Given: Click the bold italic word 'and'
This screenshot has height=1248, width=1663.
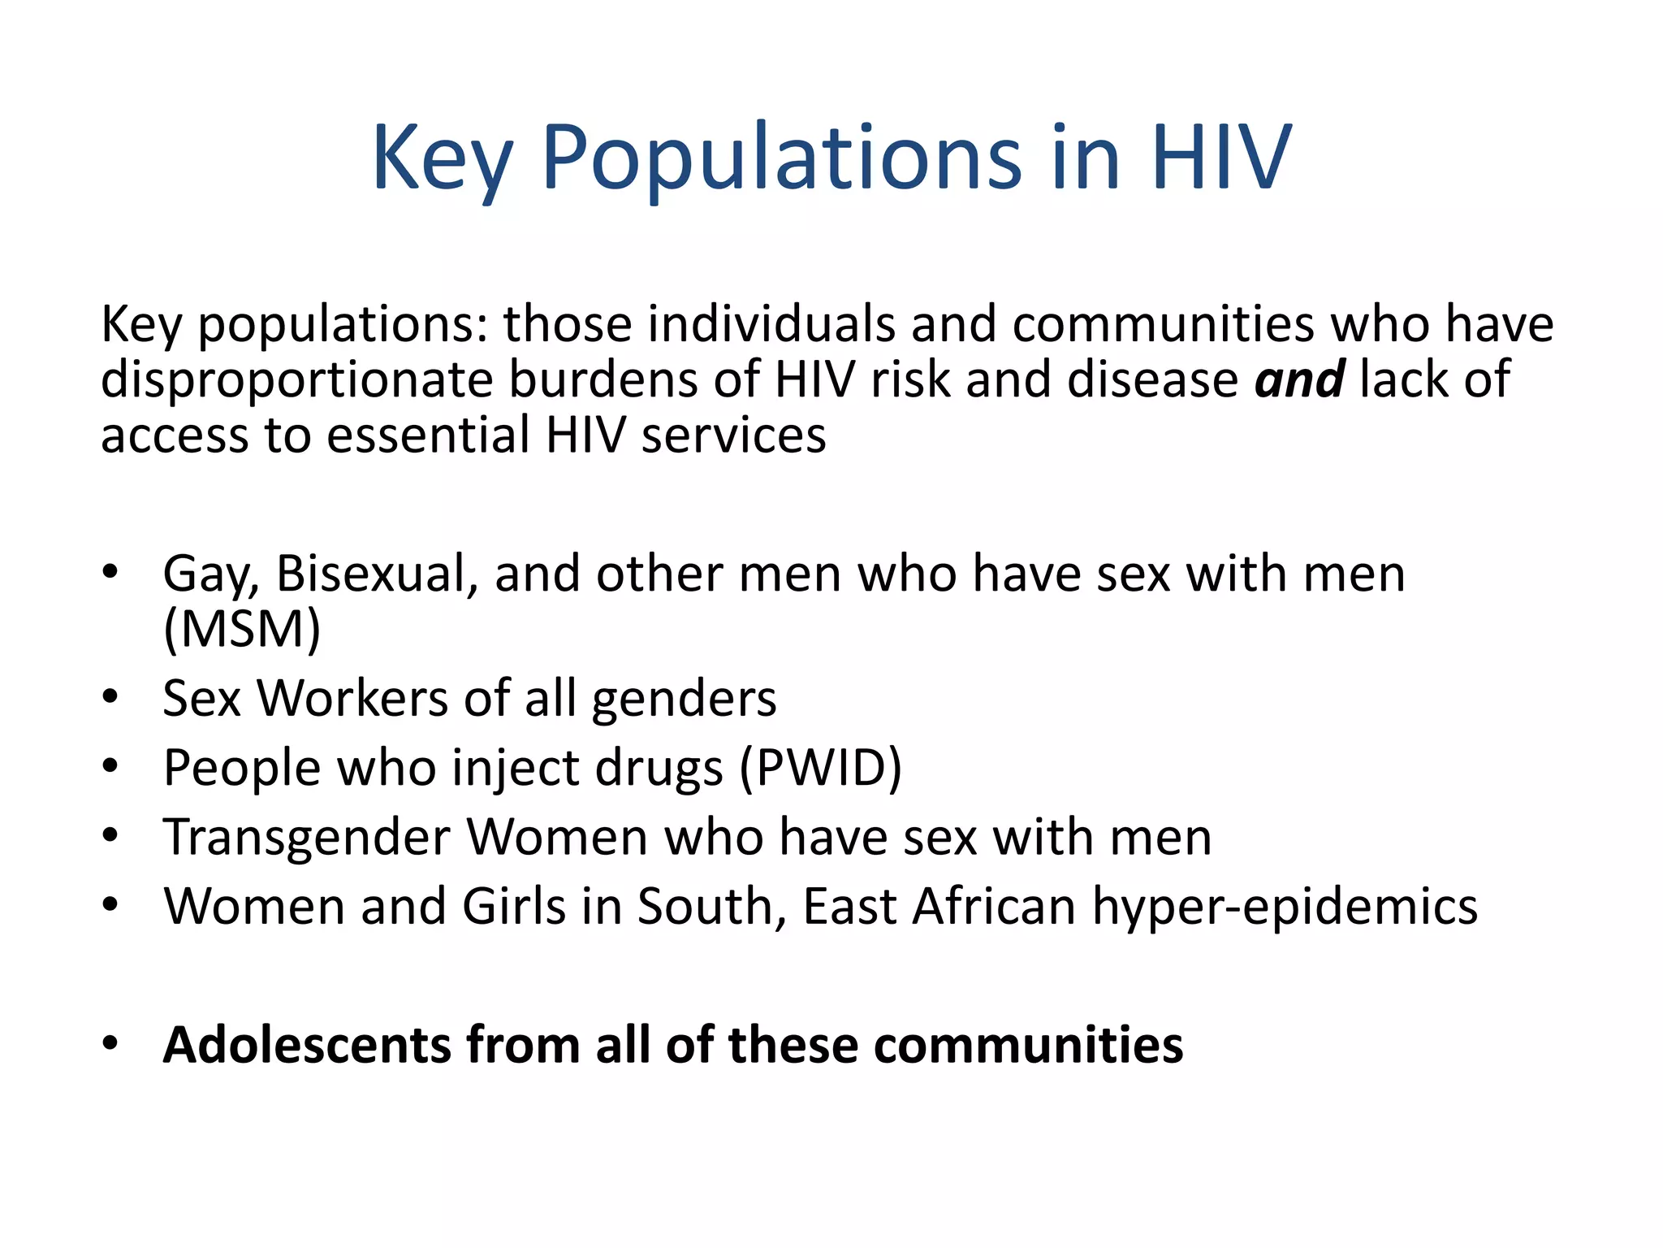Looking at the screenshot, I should tap(1299, 379).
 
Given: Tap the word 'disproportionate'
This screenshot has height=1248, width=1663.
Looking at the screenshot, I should tap(297, 379).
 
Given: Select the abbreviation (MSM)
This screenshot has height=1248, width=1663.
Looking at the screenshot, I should tap(242, 629).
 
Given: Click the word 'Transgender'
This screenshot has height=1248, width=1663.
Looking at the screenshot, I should tap(307, 837).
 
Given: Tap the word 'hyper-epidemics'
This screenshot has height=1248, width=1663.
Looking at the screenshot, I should tap(1285, 906).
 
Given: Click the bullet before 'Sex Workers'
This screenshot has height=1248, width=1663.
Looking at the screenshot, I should tap(110, 697).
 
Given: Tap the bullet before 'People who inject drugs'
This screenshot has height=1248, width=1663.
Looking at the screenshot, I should tap(110, 766).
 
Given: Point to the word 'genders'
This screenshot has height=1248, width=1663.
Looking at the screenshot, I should tap(684, 700).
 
